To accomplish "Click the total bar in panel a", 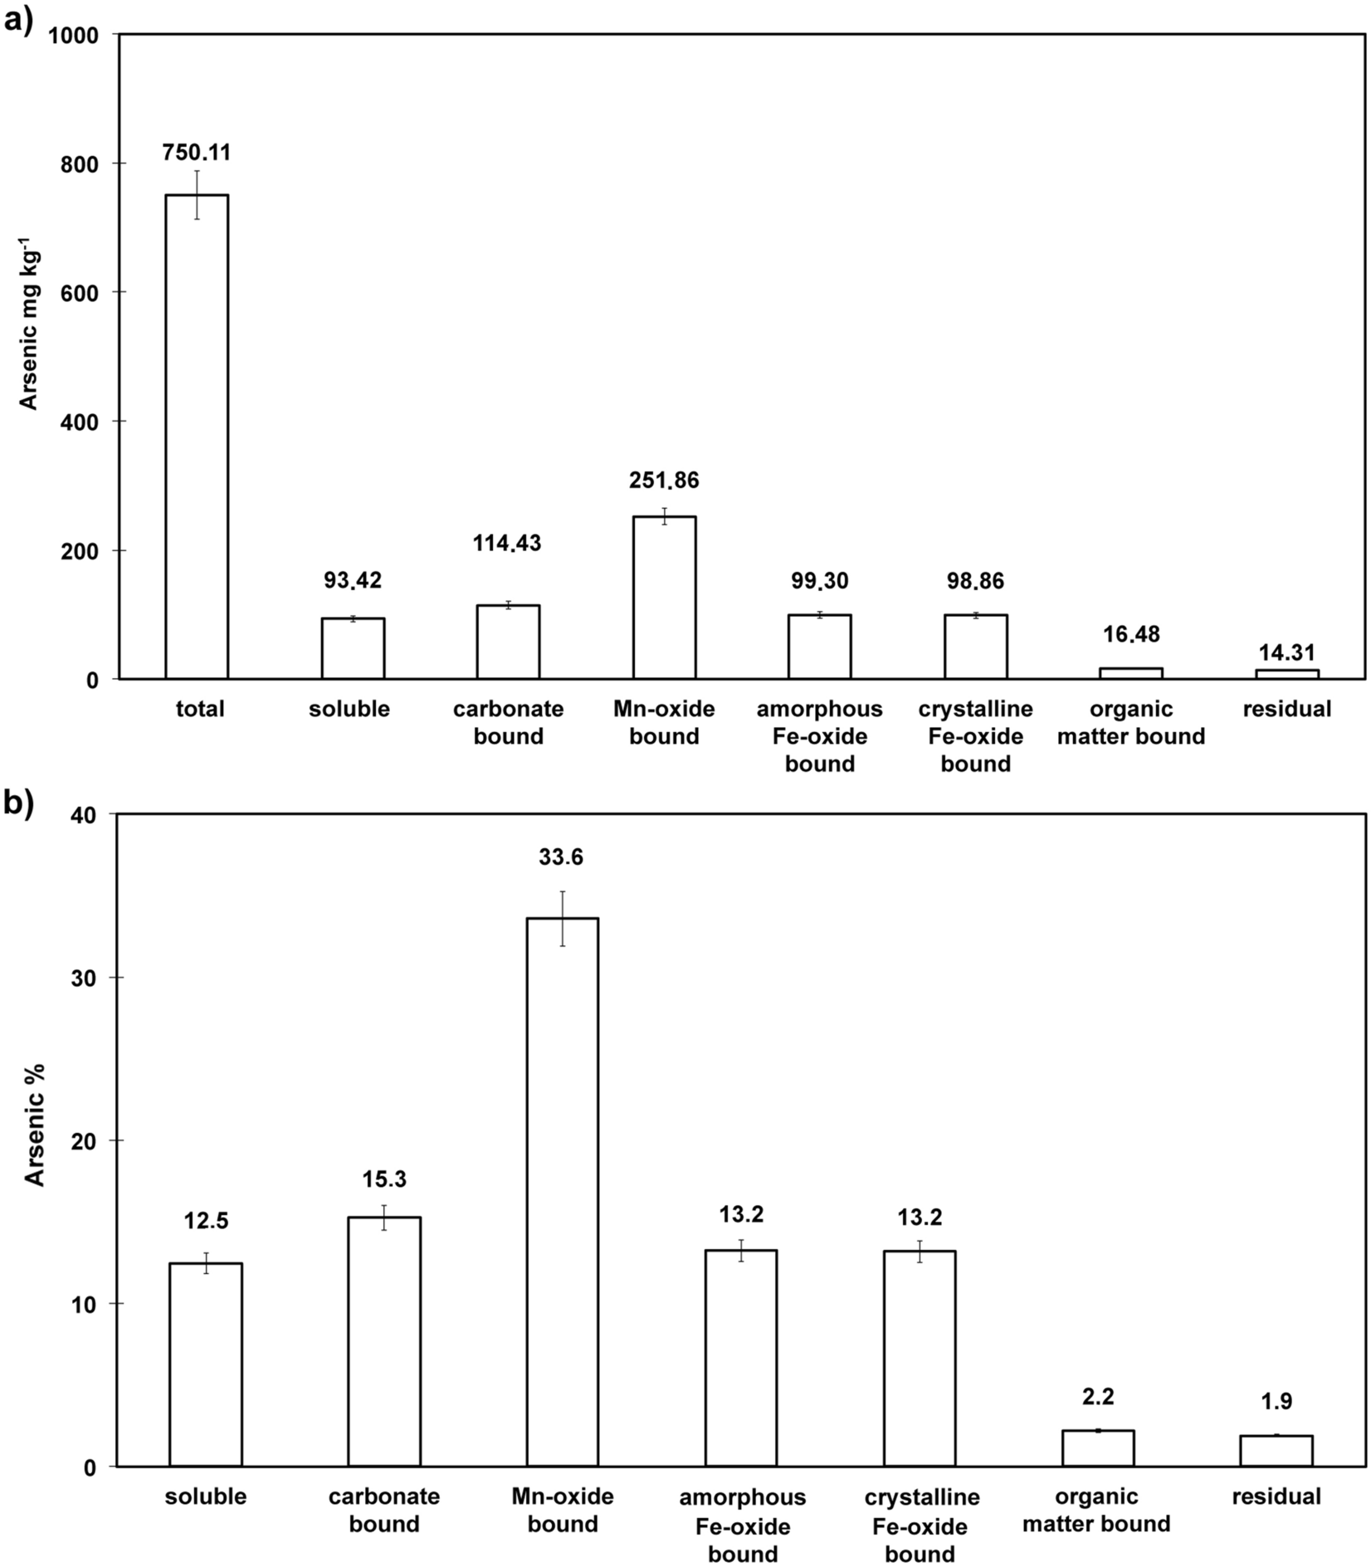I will coord(197,437).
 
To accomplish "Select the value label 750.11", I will coord(197,153).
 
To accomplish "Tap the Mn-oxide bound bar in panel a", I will coord(664,598).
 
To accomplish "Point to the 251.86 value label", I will coord(664,481).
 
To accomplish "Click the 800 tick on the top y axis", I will coord(80,164).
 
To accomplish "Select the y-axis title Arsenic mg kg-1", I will coord(29,324).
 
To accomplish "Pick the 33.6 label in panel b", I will coord(562,857).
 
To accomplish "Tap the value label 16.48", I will coord(1131,635).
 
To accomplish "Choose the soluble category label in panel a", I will coord(349,710).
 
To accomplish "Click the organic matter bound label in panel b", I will coord(1097,1511).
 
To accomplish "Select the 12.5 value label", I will coord(205,1221).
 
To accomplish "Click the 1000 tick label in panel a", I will coord(74,35).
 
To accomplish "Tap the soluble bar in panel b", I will coord(205,1364).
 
